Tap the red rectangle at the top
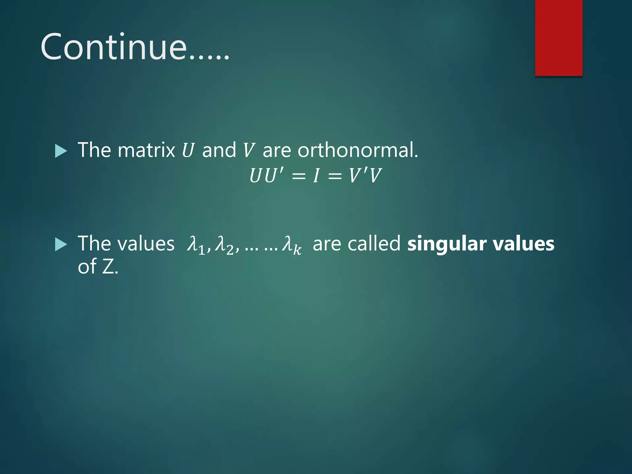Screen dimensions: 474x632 pos(559,38)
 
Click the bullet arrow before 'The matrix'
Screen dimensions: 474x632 pos(61,151)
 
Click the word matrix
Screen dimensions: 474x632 pos(146,150)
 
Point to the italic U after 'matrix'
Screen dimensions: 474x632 pos(188,150)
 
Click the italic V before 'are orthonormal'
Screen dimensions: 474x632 pos(248,150)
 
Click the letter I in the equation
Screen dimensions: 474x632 pos(316,176)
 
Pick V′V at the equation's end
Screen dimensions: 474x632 pos(365,176)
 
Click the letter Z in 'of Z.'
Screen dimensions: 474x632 pos(108,267)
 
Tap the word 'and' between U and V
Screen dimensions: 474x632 pos(219,150)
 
